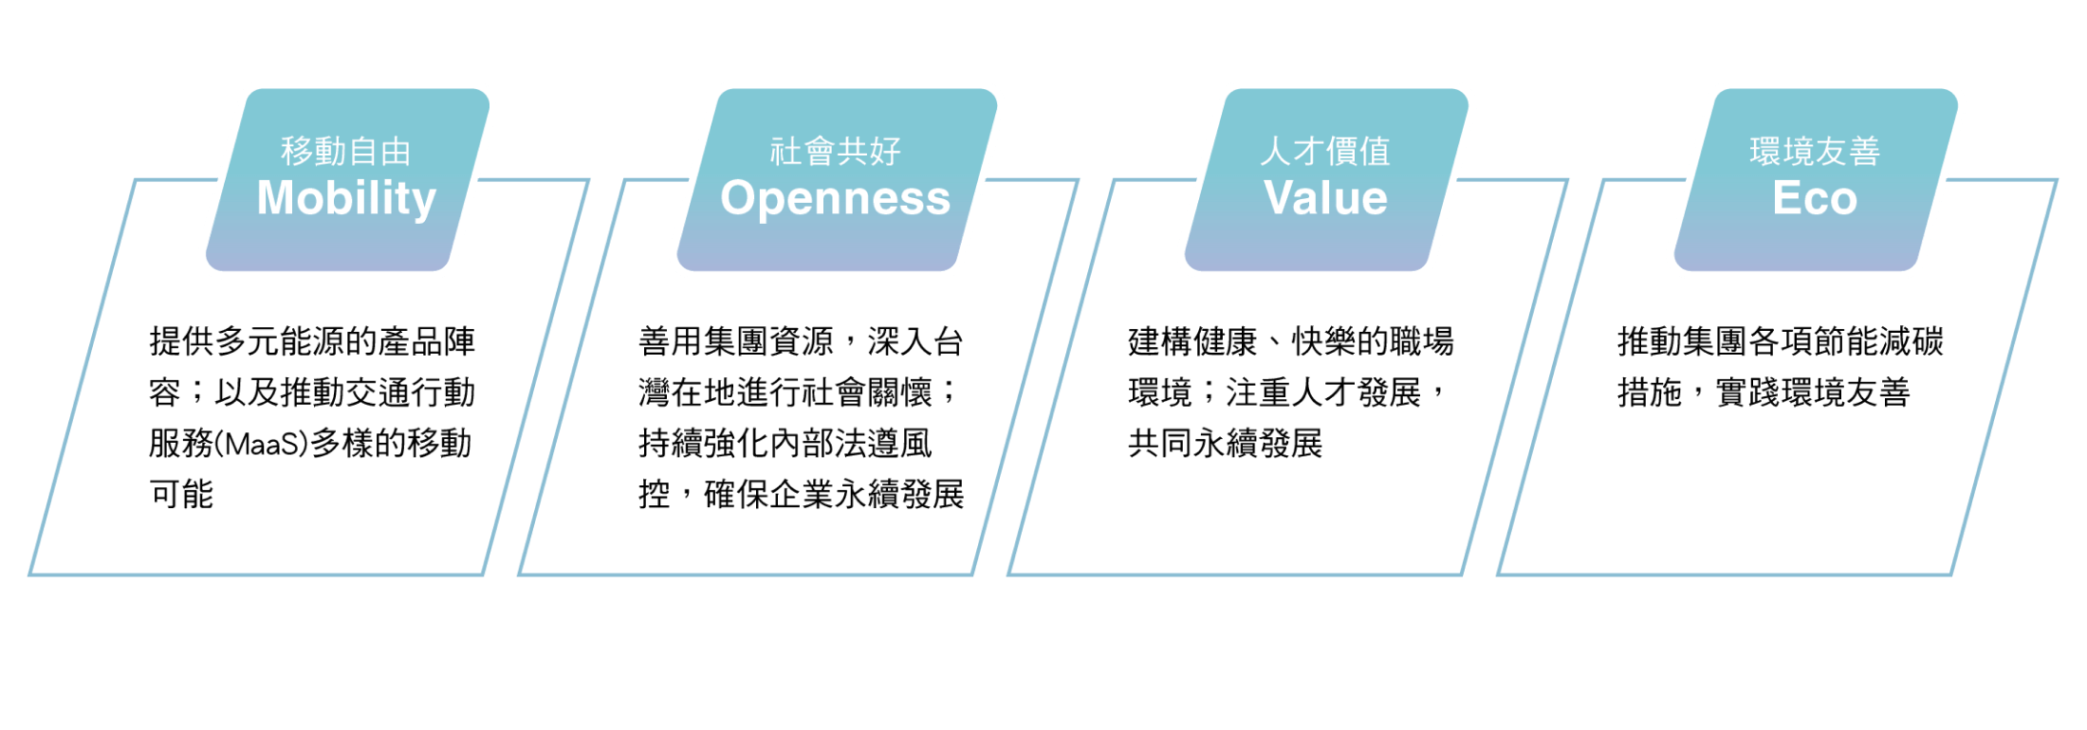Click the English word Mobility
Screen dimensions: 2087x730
pyautogui.click(x=346, y=199)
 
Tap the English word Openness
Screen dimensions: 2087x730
pyautogui.click(x=835, y=199)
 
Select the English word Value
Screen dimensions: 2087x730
pyautogui.click(x=1325, y=198)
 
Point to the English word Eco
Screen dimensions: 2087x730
pyautogui.click(x=1815, y=198)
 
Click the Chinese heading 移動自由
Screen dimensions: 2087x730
pyautogui.click(x=346, y=151)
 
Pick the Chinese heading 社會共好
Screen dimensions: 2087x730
pyautogui.click(x=835, y=151)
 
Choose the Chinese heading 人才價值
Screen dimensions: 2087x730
pyautogui.click(x=1325, y=151)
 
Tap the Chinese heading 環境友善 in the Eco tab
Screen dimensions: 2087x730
pyautogui.click(x=1815, y=151)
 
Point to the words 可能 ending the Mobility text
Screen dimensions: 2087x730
pyautogui.click(x=182, y=494)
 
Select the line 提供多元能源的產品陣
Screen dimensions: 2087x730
pyautogui.click(x=312, y=341)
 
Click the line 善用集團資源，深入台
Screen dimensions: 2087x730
pyautogui.click(x=802, y=341)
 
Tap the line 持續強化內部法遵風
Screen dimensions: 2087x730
pyautogui.click(x=785, y=444)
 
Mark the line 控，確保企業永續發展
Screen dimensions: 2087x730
pyautogui.click(x=802, y=494)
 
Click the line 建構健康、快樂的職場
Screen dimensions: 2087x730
pyautogui.click(x=1291, y=341)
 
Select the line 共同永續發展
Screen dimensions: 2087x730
pyautogui.click(x=1226, y=444)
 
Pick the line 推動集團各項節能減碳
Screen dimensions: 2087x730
pyautogui.click(x=1781, y=341)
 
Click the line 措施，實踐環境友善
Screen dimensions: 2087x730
pyautogui.click(x=1764, y=392)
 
